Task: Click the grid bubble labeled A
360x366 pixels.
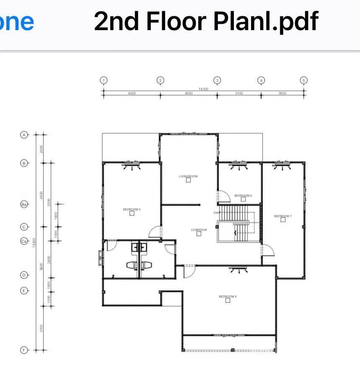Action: tap(24, 135)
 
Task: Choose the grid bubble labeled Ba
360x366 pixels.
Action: tap(24, 204)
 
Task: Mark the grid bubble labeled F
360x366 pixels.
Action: tap(24, 350)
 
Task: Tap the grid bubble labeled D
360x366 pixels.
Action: tap(24, 275)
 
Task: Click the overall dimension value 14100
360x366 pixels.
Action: tap(203, 89)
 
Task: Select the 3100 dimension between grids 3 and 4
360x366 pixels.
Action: tap(239, 93)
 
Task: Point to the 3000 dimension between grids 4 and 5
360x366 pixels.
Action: tap(282, 93)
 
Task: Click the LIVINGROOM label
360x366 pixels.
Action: tap(188, 176)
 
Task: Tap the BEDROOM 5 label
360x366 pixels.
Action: tap(131, 209)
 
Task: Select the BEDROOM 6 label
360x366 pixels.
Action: tap(243, 196)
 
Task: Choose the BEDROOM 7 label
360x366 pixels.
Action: tap(282, 216)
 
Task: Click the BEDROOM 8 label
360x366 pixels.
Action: tap(228, 296)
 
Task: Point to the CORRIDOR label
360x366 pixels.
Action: tap(199, 230)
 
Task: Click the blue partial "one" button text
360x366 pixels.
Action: tap(17, 21)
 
